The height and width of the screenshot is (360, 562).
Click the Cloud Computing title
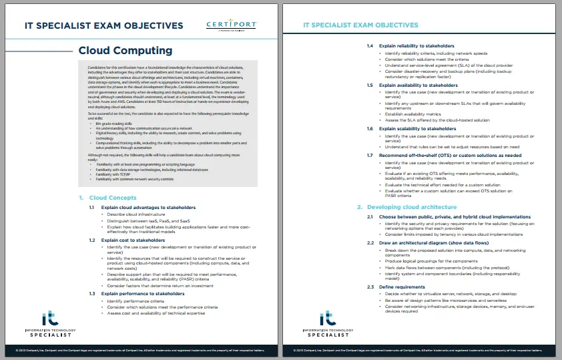tap(125, 51)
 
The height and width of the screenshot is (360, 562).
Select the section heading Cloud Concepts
tap(113, 198)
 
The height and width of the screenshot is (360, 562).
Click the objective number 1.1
tap(93, 208)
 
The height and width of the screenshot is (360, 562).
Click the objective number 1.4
tap(370, 46)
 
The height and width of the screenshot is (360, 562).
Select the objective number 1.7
tap(370, 155)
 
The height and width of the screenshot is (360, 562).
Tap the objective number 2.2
tap(370, 242)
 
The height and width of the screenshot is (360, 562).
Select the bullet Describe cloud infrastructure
tap(132, 214)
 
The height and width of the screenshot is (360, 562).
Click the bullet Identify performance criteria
tap(131, 301)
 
